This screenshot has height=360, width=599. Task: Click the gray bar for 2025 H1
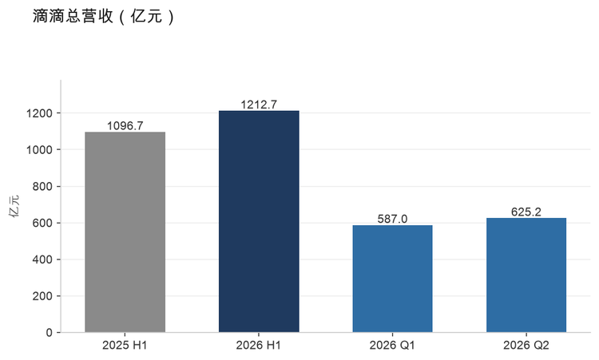[125, 232]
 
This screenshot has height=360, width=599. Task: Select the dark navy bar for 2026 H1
[259, 221]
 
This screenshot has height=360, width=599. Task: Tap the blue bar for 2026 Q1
[392, 279]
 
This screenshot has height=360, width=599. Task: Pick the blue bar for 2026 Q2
[526, 275]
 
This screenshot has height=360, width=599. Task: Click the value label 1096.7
[125, 125]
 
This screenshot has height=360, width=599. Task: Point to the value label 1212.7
[259, 105]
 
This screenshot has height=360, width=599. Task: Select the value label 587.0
[392, 219]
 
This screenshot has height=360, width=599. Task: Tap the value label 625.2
[526, 212]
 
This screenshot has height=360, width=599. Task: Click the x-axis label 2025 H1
[125, 345]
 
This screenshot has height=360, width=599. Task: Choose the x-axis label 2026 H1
[258, 345]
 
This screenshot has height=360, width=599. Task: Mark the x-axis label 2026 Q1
[392, 345]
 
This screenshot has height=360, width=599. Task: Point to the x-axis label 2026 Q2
[526, 345]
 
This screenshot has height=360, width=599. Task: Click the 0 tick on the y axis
[49, 333]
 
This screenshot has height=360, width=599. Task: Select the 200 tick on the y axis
[42, 296]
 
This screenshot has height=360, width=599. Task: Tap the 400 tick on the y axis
[42, 259]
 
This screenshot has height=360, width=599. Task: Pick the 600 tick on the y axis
[42, 223]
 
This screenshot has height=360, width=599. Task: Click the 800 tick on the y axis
[42, 186]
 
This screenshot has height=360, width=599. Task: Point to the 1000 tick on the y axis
[39, 149]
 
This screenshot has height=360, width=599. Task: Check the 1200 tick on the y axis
[39, 113]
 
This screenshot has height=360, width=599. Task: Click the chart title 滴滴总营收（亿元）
[103, 17]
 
